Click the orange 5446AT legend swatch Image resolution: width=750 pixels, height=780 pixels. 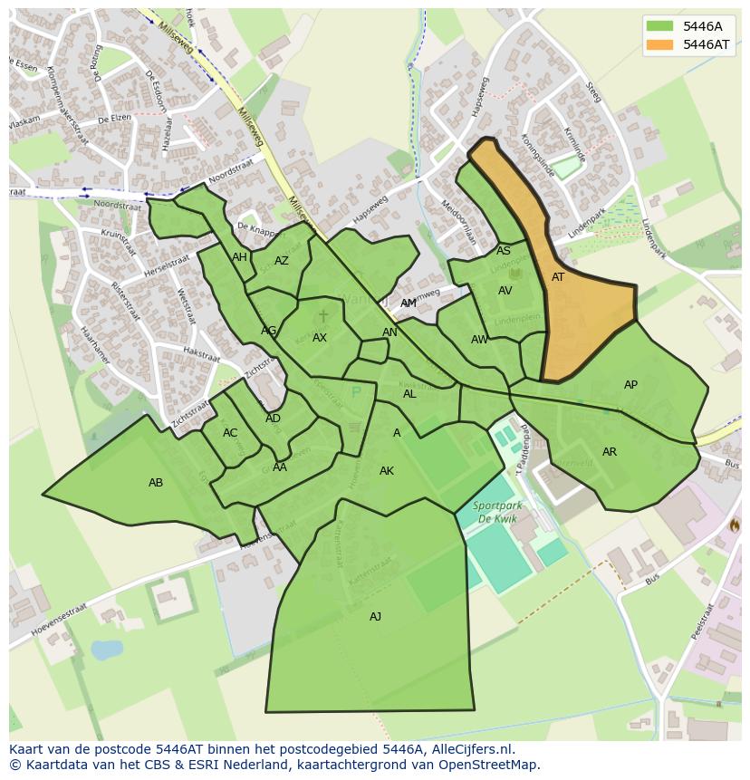(x=660, y=44)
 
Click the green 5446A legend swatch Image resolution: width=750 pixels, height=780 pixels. (x=660, y=26)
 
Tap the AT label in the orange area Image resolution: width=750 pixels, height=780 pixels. (x=558, y=277)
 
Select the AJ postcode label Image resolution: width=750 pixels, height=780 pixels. (x=375, y=617)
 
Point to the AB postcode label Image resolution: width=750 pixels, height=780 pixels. (x=156, y=483)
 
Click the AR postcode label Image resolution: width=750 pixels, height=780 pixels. (x=610, y=452)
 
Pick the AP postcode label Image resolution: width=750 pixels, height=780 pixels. (x=630, y=385)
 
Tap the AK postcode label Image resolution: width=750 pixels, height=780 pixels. (x=387, y=471)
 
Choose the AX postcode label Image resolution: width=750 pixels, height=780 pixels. (x=320, y=338)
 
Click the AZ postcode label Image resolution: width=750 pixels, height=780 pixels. (x=282, y=261)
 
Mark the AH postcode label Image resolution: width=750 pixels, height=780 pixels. (x=239, y=257)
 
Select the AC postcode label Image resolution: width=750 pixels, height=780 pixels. (x=230, y=433)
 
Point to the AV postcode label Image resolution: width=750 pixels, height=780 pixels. (x=505, y=291)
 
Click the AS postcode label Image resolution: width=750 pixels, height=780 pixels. (x=504, y=251)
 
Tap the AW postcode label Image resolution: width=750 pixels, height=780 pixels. (x=479, y=340)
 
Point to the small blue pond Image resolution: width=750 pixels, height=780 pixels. (x=106, y=650)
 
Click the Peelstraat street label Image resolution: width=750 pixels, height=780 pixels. (x=703, y=621)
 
